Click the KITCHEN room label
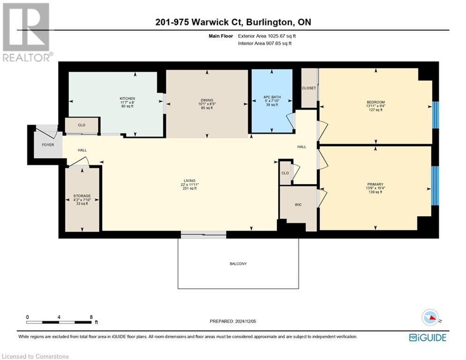[x=127, y=98]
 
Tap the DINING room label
[x=207, y=100]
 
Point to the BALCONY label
[x=238, y=264]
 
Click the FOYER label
[x=48, y=145]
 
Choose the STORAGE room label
[x=82, y=196]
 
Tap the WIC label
[x=298, y=204]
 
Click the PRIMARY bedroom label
[x=375, y=184]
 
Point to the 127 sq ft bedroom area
[x=376, y=111]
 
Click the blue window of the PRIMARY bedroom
[x=435, y=185]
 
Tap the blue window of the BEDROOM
[x=436, y=114]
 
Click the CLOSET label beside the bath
[x=309, y=88]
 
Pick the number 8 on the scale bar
[x=90, y=317]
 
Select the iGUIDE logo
[x=427, y=337]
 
